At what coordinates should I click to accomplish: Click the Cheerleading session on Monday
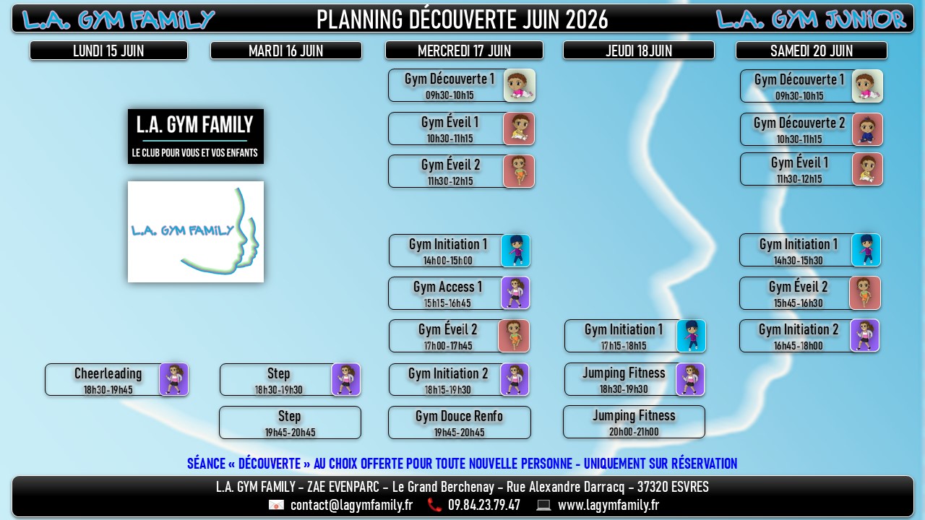(x=117, y=380)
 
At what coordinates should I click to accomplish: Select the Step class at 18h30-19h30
(x=291, y=380)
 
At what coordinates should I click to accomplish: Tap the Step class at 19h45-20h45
(x=290, y=422)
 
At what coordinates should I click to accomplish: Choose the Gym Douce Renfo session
(x=459, y=422)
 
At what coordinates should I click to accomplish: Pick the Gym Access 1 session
(x=459, y=293)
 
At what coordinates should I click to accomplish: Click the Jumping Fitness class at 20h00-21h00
(x=634, y=422)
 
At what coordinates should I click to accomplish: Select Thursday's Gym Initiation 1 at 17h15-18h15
(x=635, y=336)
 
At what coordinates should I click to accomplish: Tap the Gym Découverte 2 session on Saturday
(x=812, y=129)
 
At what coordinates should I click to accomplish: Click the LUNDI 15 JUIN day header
(x=108, y=51)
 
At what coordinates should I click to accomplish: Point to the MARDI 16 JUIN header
(x=286, y=51)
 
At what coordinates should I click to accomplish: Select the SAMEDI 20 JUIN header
(x=812, y=51)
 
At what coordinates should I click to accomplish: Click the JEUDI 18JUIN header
(x=639, y=51)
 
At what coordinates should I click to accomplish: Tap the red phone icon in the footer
(x=434, y=505)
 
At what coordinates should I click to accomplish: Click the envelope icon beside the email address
(x=276, y=505)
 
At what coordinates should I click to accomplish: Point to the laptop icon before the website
(x=543, y=505)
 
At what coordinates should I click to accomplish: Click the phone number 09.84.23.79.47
(x=484, y=505)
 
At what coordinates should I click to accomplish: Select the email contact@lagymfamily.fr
(x=351, y=505)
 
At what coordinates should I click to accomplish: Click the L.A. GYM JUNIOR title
(x=811, y=19)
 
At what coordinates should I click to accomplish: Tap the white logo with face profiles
(x=196, y=232)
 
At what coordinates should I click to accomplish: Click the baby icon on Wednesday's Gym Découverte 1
(x=520, y=85)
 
